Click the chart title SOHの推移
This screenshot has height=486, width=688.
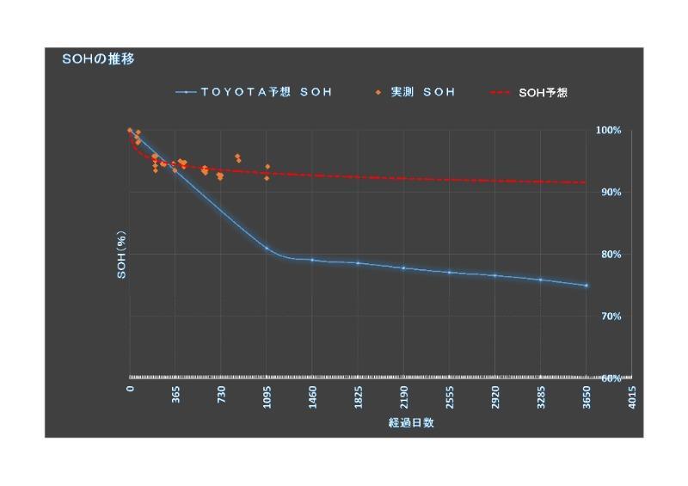click(x=98, y=59)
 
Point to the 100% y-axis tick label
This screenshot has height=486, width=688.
click(x=609, y=130)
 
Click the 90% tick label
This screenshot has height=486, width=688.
click(x=611, y=192)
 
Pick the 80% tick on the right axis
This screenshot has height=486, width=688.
click(x=611, y=254)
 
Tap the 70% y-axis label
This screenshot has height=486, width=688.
click(x=611, y=316)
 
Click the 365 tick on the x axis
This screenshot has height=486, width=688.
click(x=176, y=395)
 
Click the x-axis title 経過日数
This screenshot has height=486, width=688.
click(x=410, y=423)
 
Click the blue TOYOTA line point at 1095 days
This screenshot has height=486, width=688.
click(x=267, y=249)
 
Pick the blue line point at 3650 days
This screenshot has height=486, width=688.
click(x=587, y=286)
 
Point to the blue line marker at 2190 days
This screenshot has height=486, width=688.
click(x=403, y=268)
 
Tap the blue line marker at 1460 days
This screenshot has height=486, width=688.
click(x=312, y=260)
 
